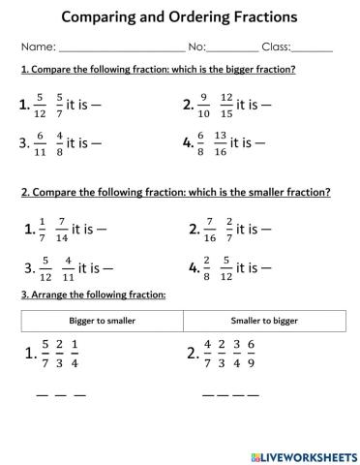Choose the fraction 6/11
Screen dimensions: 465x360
pyautogui.click(x=40, y=142)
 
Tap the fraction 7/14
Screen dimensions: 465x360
pyautogui.click(x=62, y=230)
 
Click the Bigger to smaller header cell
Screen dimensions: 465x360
pyautogui.click(x=101, y=319)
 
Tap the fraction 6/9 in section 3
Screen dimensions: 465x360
pyautogui.click(x=279, y=356)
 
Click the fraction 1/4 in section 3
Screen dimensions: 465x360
pyautogui.click(x=75, y=356)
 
